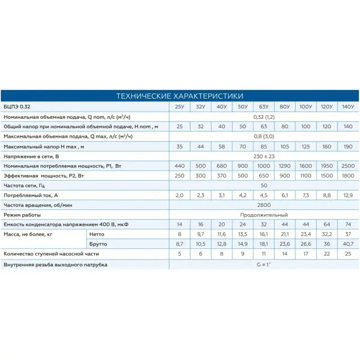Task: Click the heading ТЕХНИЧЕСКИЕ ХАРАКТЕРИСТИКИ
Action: pyautogui.click(x=180, y=96)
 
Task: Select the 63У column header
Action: pyautogui.click(x=264, y=107)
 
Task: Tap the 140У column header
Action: pyautogui.click(x=348, y=107)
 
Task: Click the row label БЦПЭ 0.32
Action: pyautogui.click(x=18, y=107)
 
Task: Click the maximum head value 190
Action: pyautogui.click(x=348, y=147)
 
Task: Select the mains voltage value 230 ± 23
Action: pyautogui.click(x=264, y=156)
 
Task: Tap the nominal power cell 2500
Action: pyautogui.click(x=348, y=166)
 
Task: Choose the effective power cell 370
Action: pyautogui.click(x=221, y=176)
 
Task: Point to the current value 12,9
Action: pyautogui.click(x=348, y=195)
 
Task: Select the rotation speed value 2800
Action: pyautogui.click(x=264, y=205)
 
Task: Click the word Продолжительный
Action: pyautogui.click(x=264, y=215)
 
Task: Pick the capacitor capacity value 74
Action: pyautogui.click(x=348, y=225)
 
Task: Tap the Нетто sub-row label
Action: pyautogui.click(x=97, y=234)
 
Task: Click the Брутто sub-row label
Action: pyautogui.click(x=99, y=244)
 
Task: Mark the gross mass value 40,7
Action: pyautogui.click(x=348, y=244)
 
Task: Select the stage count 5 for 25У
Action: pyautogui.click(x=180, y=254)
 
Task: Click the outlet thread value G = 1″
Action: pyautogui.click(x=264, y=265)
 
